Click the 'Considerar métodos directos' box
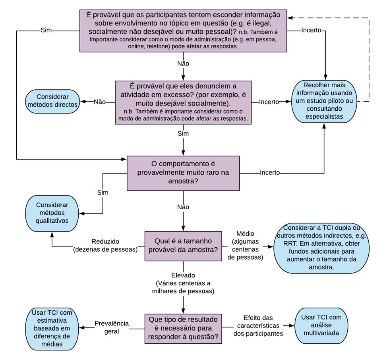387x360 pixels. click(x=52, y=101)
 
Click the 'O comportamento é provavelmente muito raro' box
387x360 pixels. click(x=183, y=173)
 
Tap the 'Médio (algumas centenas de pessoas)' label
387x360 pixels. click(x=248, y=246)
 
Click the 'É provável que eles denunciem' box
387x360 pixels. click(x=183, y=102)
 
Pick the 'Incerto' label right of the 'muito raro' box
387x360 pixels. click(x=270, y=173)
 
